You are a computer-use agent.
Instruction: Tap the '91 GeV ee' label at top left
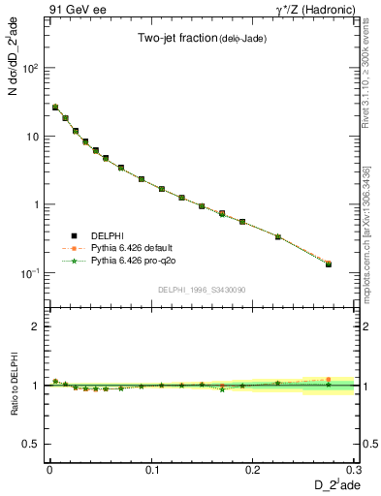pyautogui.click(x=70, y=9)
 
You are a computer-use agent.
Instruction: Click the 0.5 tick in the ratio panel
pyautogui.click(x=31, y=444)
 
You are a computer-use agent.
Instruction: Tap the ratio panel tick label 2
pyautogui.click(x=35, y=326)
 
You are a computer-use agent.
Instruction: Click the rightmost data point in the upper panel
pyautogui.click(x=328, y=263)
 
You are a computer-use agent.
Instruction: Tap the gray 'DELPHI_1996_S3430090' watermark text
pyautogui.click(x=200, y=290)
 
